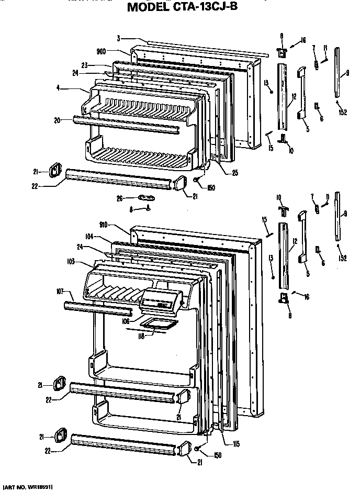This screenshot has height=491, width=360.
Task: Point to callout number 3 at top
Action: [118, 38]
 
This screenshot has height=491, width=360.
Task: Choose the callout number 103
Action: [71, 261]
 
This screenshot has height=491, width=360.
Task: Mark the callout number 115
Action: [236, 444]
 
